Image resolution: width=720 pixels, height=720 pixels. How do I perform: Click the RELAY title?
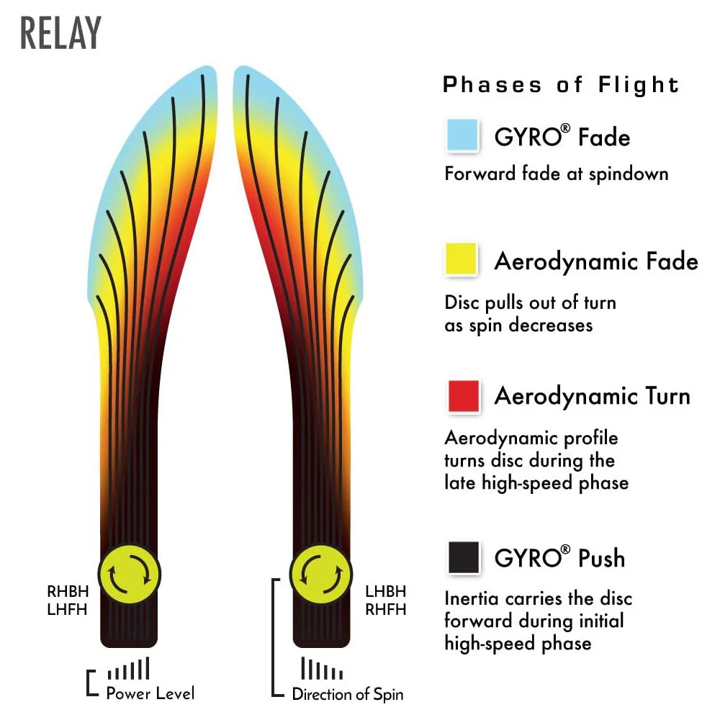pos(60,32)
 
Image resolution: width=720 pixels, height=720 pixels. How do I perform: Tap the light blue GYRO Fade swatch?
pos(462,135)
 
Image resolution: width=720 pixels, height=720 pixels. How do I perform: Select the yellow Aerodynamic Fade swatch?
pos(461,259)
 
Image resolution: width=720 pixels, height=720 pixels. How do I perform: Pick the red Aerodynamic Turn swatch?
pos(464,396)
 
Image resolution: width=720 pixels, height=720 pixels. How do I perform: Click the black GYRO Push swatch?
pos(464,557)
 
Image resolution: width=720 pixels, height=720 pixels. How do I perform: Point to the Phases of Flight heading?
pos(561,85)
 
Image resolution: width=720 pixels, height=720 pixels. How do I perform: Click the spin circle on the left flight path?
pos(130,575)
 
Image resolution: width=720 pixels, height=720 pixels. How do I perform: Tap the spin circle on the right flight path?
pos(321,575)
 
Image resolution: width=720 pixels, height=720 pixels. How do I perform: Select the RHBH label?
pos(68,591)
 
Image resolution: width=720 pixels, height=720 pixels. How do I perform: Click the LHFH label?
pos(67,609)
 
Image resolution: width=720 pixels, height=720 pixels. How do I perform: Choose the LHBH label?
pos(386,591)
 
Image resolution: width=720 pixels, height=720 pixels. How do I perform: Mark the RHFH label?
pos(386,609)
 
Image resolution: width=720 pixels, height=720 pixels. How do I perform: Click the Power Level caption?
pos(150,693)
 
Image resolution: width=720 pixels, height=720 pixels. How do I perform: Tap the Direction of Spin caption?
pos(348,694)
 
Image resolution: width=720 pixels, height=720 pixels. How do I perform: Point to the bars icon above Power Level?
pos(129,668)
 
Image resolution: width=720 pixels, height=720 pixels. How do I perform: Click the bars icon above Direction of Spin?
pos(322,668)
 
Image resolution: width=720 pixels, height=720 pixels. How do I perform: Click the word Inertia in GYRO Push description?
pos(465,598)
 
